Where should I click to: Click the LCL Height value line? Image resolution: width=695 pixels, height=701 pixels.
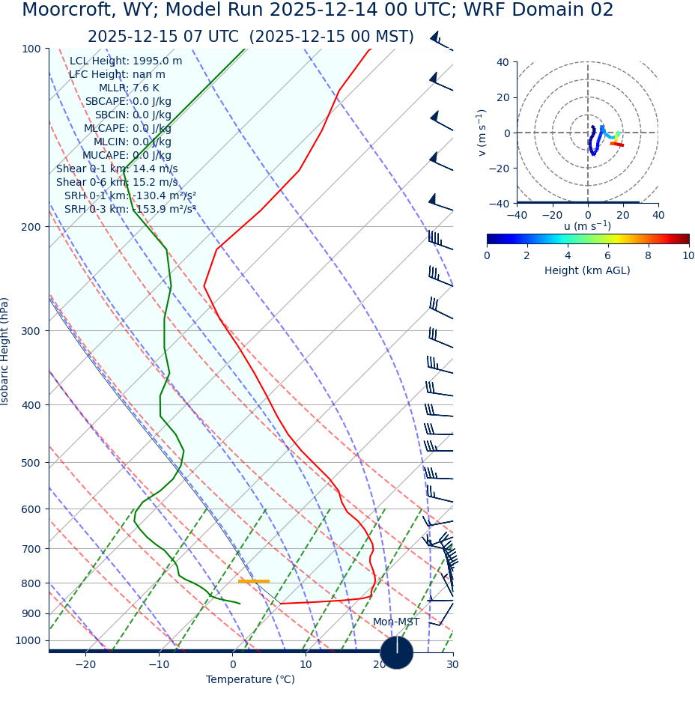126,61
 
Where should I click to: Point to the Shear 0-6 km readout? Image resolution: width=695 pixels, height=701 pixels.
117,183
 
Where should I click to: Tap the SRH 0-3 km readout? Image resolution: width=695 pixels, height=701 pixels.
130,210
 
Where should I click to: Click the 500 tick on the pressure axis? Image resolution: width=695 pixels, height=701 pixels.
31,463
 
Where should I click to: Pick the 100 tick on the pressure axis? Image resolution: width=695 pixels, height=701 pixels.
31,49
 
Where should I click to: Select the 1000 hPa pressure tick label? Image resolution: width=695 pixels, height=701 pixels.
28,641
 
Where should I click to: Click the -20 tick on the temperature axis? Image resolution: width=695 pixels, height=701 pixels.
85,665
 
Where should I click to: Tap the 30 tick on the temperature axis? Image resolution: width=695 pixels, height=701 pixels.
452,665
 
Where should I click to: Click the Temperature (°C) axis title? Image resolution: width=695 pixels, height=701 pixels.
250,680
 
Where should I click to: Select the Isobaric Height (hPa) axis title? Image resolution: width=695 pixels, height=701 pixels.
5,351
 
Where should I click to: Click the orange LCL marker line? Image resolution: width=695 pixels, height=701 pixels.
253,581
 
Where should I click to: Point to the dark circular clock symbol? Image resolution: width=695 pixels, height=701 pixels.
397,652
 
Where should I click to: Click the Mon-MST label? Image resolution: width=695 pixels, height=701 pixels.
396,622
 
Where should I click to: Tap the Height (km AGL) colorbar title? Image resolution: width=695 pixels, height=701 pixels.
587,271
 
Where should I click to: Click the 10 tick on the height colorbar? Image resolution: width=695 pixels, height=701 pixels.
688,256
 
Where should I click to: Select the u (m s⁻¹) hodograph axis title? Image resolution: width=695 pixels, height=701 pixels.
587,226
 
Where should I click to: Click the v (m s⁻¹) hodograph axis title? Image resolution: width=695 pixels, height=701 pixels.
482,133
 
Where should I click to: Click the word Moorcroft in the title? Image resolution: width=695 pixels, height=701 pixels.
69,10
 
